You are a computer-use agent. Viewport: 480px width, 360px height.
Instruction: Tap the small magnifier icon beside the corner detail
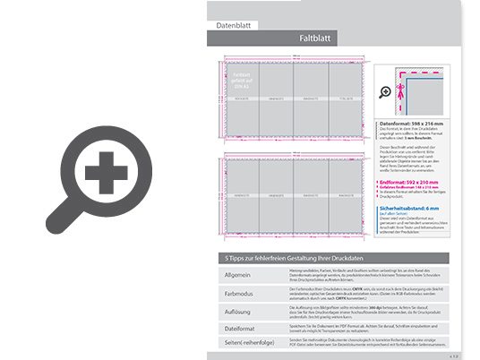[x=384, y=91]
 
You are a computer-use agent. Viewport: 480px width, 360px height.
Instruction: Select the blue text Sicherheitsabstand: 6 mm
[x=416, y=208]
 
